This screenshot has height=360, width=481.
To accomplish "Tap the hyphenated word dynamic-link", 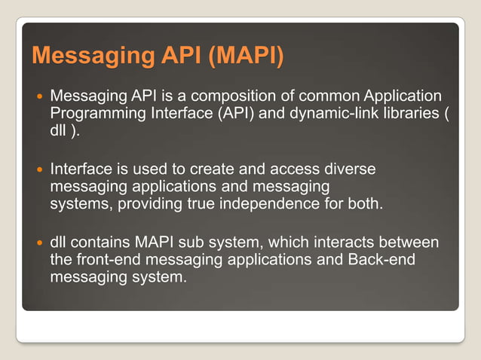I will coord(341,113).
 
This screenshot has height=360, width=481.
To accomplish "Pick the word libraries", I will coord(413,113).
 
